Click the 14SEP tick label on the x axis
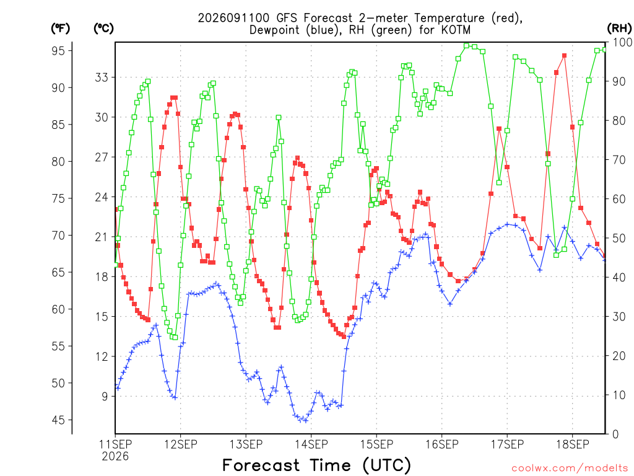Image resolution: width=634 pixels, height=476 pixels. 311,444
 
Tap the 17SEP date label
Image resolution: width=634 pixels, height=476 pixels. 508,444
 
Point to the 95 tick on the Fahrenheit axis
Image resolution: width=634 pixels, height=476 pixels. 58,51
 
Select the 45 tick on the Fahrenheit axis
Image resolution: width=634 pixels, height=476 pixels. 58,420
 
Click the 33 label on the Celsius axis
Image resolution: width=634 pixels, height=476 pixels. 102,77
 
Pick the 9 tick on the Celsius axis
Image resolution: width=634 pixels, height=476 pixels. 105,396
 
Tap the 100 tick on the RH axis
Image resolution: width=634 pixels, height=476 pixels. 623,42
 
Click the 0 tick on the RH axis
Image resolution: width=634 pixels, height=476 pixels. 615,434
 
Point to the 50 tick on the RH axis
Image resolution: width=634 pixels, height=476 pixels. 619,239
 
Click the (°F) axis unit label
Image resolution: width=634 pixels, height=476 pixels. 60,29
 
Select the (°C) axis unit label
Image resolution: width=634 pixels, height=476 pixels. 103,29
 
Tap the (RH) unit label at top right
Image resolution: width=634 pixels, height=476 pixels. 619,29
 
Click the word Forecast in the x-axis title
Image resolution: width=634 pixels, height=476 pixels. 261,465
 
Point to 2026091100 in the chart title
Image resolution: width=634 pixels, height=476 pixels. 233,18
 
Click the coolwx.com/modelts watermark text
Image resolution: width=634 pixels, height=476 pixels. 570,469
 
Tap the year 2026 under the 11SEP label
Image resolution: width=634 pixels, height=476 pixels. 115,457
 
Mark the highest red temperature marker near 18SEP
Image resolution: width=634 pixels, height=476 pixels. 565,56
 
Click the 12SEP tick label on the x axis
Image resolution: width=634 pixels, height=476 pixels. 181,444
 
